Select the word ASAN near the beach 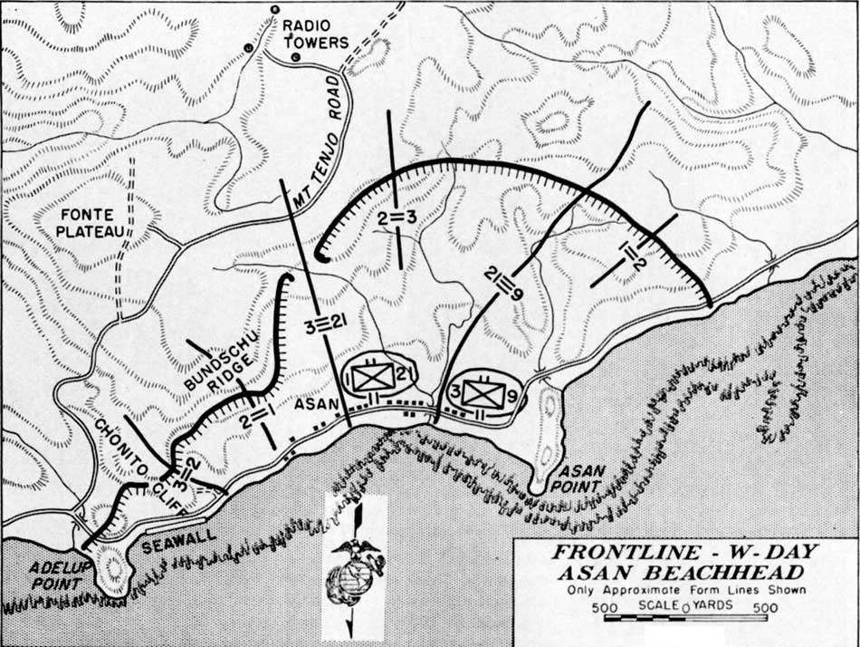click(312, 407)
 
